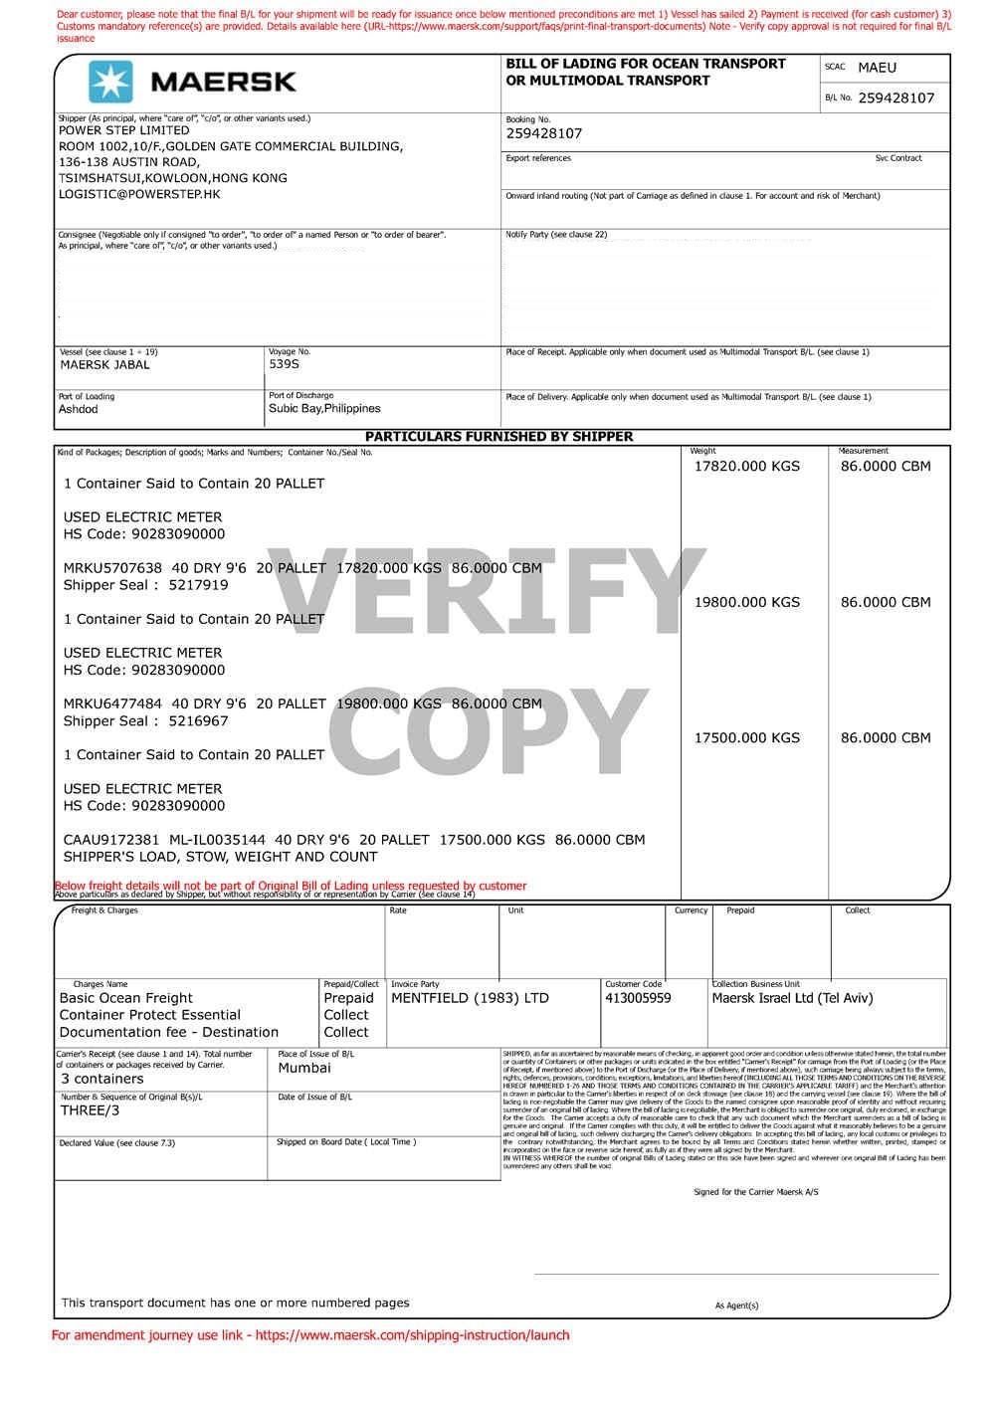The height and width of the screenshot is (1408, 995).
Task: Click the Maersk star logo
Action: click(110, 82)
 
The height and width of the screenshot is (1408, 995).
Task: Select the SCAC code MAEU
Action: click(877, 68)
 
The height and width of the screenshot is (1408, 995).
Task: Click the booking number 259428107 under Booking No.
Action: click(544, 133)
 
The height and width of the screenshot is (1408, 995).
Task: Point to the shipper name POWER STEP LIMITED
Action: click(123, 130)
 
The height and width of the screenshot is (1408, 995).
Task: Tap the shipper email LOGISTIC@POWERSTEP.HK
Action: click(139, 194)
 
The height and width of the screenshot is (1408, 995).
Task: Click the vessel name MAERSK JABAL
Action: click(104, 365)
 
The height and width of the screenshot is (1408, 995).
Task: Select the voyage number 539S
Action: click(284, 364)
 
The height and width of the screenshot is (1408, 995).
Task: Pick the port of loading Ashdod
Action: click(79, 409)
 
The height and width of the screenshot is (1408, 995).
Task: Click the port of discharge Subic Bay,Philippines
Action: click(324, 408)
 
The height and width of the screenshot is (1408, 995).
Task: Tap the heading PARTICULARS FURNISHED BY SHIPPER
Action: click(498, 437)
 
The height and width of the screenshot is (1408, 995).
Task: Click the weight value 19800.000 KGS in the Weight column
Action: click(746, 602)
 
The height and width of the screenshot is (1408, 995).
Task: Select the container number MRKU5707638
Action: click(112, 568)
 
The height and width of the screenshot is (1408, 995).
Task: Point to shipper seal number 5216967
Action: click(198, 720)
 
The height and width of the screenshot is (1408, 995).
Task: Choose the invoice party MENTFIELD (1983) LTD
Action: click(470, 998)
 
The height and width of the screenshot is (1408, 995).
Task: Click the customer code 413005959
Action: click(638, 998)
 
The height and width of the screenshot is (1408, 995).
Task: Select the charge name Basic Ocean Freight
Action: click(126, 998)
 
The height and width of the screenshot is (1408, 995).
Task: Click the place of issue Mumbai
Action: click(304, 1068)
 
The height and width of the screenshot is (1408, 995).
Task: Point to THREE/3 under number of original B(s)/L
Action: click(90, 1110)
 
